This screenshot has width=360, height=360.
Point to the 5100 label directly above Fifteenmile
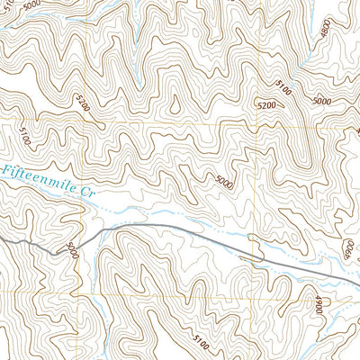tap(24, 137)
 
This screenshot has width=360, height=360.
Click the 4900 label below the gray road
tap(319, 302)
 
